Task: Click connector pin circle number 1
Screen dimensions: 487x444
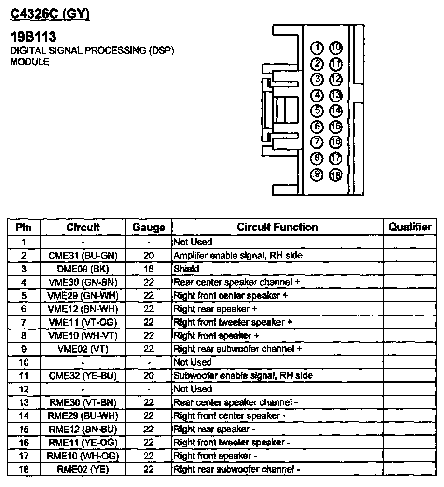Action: [317, 48]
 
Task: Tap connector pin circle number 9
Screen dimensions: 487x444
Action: [317, 174]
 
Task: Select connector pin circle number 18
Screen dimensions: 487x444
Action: [335, 175]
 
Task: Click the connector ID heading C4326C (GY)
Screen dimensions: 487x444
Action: [50, 14]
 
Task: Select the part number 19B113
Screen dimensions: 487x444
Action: [33, 37]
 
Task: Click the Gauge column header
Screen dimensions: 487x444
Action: [149, 227]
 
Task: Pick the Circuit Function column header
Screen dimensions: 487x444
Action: [277, 227]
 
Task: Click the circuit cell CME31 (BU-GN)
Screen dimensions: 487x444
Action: [83, 255]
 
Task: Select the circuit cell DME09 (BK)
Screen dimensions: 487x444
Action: [83, 269]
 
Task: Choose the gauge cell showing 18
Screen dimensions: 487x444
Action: [149, 269]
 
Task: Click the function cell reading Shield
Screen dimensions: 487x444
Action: [186, 269]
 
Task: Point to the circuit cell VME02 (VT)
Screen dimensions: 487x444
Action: [83, 349]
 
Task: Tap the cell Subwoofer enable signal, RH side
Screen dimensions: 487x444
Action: [243, 375]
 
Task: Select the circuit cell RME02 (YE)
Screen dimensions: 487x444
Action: [83, 469]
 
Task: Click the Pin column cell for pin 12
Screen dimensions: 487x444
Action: [24, 389]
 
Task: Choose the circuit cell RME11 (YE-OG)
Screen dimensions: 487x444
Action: [83, 443]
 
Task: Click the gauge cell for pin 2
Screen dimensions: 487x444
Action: [149, 255]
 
